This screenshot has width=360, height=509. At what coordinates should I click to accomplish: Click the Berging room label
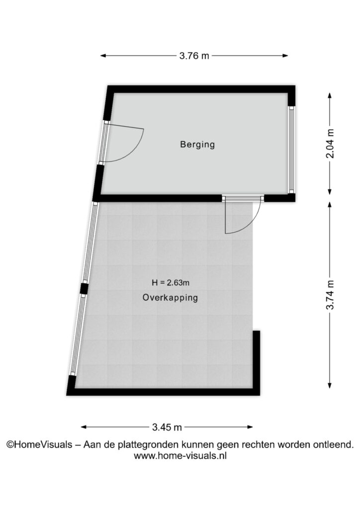(197, 144)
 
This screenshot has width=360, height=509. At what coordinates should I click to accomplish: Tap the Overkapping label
(170, 297)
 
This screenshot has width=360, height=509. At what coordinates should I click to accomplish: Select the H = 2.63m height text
(171, 283)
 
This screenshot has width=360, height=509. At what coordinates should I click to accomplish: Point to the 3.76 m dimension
(194, 56)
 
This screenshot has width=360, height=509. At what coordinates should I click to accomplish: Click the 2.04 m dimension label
(330, 144)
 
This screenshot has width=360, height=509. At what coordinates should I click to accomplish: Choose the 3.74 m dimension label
(330, 295)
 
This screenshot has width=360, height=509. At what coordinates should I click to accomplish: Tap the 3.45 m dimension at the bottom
(167, 427)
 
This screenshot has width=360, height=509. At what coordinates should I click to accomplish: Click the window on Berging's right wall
(291, 150)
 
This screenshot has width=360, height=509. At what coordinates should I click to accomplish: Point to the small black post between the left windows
(84, 288)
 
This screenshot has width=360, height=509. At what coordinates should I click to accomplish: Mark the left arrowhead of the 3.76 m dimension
(103, 56)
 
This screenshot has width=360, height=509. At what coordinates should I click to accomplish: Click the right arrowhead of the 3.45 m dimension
(250, 427)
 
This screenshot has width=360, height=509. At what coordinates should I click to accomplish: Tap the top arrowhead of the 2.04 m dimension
(330, 96)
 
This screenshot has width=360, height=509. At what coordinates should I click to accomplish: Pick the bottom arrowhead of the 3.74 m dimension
(330, 385)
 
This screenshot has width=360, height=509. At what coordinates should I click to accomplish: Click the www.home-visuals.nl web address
(180, 456)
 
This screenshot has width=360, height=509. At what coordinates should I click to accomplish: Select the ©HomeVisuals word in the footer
(39, 444)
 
